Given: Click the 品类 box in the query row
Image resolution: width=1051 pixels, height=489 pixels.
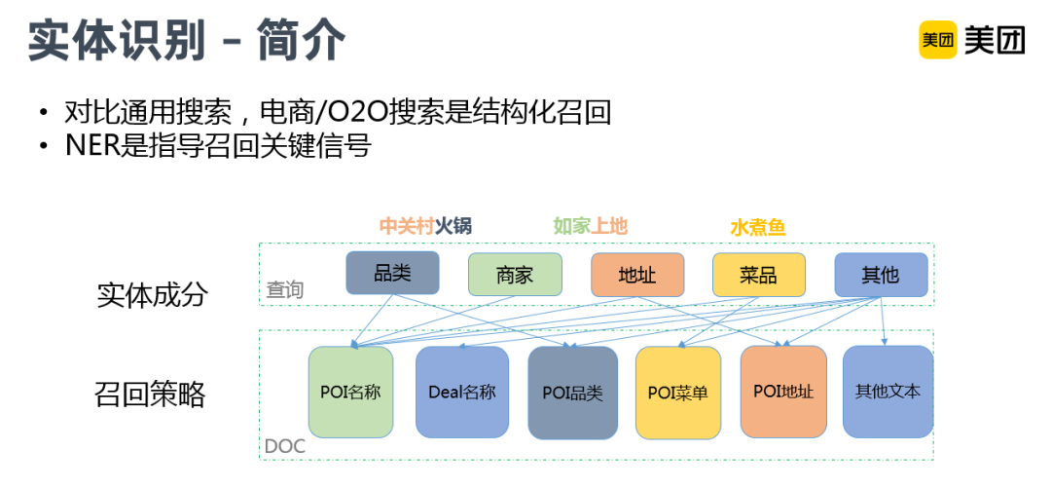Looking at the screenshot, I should [x=392, y=273].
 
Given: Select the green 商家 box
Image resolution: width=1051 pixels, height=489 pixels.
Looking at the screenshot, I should [x=515, y=275].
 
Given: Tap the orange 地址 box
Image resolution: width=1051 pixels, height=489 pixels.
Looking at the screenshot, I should [x=637, y=275].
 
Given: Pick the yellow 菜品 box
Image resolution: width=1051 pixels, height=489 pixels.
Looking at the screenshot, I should [x=759, y=275].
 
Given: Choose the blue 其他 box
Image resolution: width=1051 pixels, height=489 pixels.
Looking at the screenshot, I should [x=881, y=275].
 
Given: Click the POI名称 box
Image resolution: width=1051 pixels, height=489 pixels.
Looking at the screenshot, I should [x=350, y=393].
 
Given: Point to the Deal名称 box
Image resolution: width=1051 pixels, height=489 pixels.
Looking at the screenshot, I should [x=462, y=393].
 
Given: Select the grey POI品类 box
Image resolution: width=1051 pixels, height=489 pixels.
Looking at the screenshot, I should [x=572, y=393].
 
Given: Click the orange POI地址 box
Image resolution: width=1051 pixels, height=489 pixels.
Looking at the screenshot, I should [x=783, y=392].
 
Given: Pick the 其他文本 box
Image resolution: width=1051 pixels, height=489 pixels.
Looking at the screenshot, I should [x=888, y=392].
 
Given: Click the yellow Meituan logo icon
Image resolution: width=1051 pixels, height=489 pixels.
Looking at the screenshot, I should [x=938, y=40].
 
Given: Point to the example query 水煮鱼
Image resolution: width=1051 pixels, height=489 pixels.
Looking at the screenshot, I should [x=757, y=227].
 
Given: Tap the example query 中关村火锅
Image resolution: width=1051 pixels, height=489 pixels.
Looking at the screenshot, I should [x=425, y=226].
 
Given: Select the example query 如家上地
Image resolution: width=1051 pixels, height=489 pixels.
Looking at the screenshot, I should [x=590, y=226].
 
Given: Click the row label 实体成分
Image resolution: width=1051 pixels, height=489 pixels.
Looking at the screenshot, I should [x=152, y=294].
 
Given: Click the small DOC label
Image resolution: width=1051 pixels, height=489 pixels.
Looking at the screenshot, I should [x=285, y=446].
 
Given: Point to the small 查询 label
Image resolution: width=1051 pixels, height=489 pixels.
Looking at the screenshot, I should [x=285, y=290].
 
